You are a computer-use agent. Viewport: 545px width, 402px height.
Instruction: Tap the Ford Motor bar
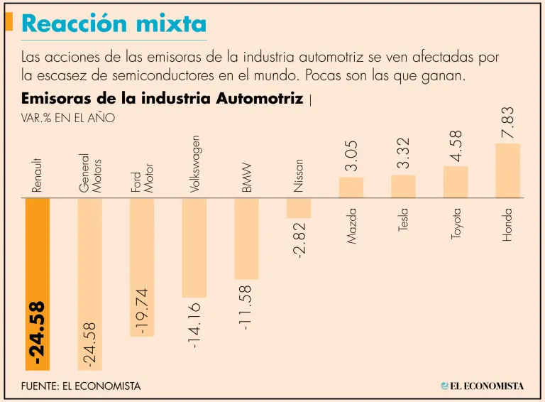point(142,266)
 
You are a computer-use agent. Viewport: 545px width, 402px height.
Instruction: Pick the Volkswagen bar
point(194,247)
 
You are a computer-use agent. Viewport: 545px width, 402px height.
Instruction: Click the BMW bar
point(246,238)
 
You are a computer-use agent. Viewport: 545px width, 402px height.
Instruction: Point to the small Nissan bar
point(299,207)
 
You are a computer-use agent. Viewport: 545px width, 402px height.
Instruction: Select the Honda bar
point(507,170)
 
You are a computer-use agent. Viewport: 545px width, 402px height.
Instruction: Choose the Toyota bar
point(456,182)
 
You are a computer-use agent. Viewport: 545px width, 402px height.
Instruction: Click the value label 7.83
point(508,123)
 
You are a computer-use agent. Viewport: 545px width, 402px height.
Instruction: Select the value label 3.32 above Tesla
point(404,153)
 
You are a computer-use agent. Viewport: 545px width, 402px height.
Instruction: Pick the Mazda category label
point(352,226)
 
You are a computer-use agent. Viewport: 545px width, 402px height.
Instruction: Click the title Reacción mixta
point(114,23)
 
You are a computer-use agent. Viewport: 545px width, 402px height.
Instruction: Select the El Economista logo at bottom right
point(482,386)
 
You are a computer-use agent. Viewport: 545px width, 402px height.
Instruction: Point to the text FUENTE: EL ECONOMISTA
point(81,386)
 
